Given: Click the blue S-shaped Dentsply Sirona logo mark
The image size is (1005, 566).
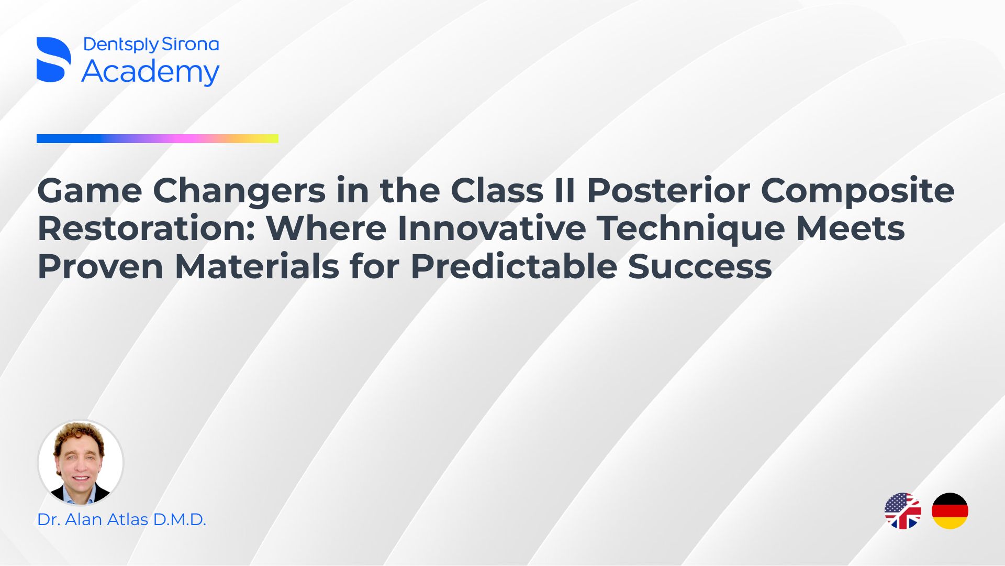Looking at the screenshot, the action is pos(54,60).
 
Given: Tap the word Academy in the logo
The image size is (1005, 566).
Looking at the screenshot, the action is pos(151,72).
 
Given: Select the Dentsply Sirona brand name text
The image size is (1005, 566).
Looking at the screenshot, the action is pos(151,45).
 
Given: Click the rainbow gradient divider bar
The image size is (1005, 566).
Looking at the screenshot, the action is pos(158,139).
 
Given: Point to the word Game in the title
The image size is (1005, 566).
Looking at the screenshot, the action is pos(90,190).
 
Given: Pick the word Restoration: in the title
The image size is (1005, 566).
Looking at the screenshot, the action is pos(146,228).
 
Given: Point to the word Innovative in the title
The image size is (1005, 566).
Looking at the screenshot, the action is pos(492,228).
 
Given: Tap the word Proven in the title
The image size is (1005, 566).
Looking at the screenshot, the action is pos(100,267).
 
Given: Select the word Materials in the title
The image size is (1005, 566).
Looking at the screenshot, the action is pos(257,267).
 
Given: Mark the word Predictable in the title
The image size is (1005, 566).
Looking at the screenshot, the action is pos(513,266).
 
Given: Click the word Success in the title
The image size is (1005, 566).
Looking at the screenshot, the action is pos(700,267).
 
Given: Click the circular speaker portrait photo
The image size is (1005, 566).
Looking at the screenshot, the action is pos(81,462).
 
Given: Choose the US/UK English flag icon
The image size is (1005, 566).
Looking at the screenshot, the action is pos(903,511).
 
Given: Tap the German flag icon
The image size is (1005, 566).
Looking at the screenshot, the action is pos(950,511).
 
